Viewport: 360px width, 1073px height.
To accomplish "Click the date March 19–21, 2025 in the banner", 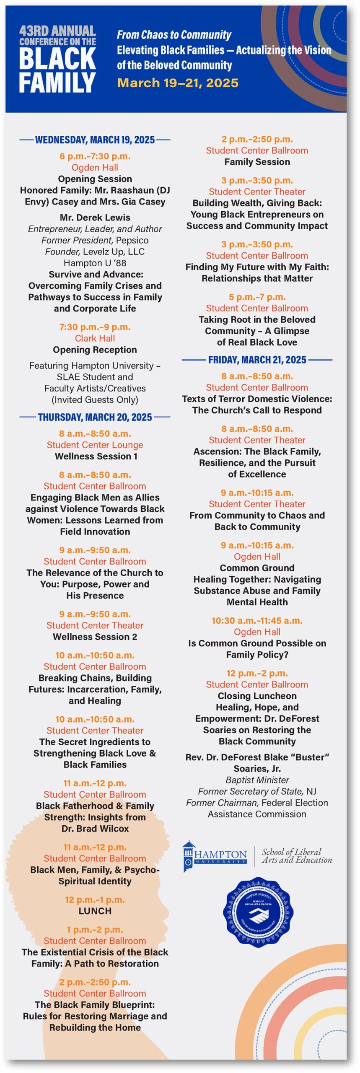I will (178, 83).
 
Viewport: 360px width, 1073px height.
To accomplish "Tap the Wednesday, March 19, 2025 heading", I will (95, 140).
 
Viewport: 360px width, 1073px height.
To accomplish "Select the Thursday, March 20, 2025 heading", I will (95, 417).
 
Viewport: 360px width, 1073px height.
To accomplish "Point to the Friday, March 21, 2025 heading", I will (257, 360).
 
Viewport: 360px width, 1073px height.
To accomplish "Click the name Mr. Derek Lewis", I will (95, 218).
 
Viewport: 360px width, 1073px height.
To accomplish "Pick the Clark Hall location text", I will (95, 338).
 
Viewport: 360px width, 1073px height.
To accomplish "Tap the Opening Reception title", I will (95, 350).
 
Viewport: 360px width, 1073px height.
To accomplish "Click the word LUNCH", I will (95, 911).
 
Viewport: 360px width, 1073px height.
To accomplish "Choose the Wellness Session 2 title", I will (95, 637).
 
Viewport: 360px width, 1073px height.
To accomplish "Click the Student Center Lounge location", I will (95, 445).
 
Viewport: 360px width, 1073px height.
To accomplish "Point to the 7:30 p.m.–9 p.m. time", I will (95, 327).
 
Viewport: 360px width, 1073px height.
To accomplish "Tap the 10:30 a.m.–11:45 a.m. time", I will (257, 620).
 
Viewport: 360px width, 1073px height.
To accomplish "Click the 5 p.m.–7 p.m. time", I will (257, 297).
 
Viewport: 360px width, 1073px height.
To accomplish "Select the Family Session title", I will (257, 162).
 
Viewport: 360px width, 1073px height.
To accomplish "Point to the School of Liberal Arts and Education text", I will (297, 855).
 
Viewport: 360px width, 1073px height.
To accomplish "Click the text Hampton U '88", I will (95, 263).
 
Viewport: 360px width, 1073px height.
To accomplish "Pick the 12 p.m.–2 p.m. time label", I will (257, 673).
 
